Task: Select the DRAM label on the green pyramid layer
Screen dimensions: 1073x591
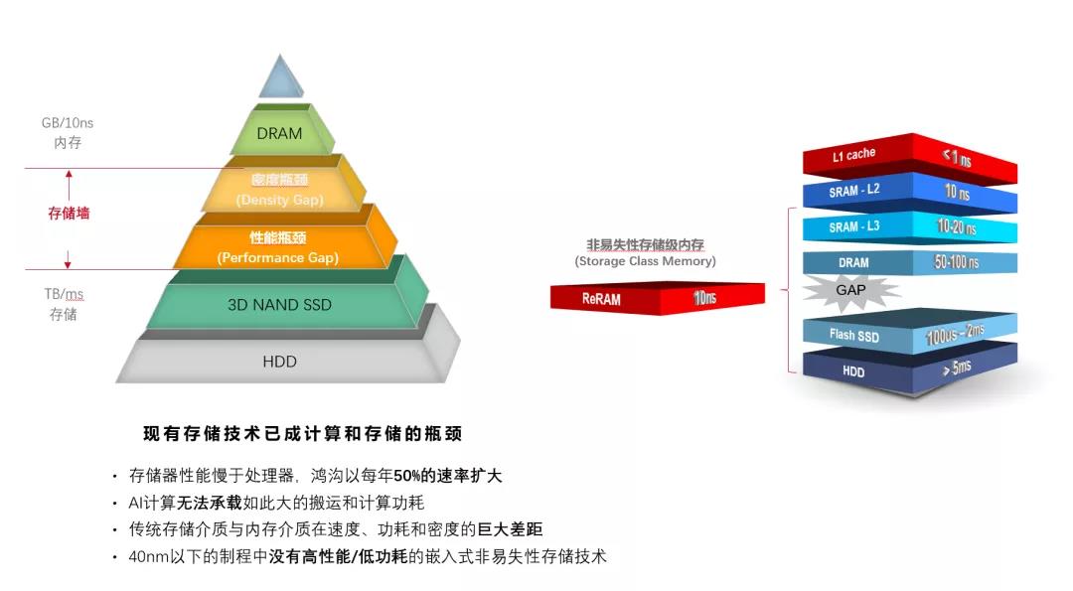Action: coord(279,133)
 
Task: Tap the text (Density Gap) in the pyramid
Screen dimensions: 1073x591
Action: coord(279,200)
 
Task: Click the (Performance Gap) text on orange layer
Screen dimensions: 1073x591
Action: coord(278,258)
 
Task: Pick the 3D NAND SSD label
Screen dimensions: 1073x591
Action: coord(279,304)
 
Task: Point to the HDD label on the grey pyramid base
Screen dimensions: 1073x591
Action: coord(280,362)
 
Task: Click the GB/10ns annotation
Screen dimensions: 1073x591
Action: coord(68,123)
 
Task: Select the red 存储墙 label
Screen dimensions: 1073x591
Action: coord(69,213)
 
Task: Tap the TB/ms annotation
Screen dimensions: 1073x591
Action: coord(64,294)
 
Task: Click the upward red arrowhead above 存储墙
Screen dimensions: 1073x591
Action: coord(69,175)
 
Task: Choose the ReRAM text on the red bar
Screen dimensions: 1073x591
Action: coord(601,299)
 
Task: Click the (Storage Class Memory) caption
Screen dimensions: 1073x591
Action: coord(646,260)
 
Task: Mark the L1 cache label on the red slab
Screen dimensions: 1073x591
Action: coord(853,155)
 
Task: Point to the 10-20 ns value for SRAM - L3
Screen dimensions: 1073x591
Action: coord(956,226)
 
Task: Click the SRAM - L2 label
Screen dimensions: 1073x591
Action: coord(854,190)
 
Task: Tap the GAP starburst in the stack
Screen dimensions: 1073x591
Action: coord(850,290)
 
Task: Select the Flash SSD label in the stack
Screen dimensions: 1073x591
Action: coord(854,335)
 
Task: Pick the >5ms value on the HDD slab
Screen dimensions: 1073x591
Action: coord(957,368)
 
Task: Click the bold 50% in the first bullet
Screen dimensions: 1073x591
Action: coord(407,476)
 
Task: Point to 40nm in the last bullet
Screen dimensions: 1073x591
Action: coord(148,557)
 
